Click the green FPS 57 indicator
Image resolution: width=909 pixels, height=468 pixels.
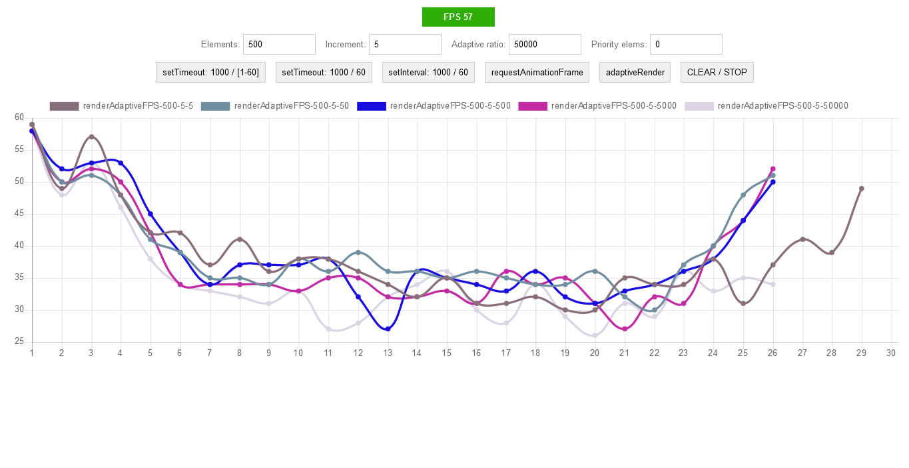[458, 17]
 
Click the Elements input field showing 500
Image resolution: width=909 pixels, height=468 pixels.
[279, 45]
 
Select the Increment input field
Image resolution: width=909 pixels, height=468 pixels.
[405, 45]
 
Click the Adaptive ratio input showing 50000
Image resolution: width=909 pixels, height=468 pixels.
[545, 45]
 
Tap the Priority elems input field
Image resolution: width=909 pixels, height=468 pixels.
[686, 45]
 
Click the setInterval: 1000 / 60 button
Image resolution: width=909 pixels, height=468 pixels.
[428, 73]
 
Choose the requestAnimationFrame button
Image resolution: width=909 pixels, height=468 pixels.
[537, 73]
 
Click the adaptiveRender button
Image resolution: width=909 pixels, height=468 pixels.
[635, 73]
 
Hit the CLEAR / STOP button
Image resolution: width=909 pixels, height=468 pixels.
[717, 73]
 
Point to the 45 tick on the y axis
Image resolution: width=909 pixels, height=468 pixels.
[19, 214]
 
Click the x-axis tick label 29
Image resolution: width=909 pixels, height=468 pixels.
[861, 353]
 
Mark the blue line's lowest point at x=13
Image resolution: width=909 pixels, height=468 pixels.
[388, 329]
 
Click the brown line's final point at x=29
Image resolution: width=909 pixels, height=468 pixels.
[861, 189]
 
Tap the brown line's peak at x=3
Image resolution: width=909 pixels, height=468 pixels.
[91, 137]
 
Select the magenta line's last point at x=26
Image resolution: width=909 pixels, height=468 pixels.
[772, 169]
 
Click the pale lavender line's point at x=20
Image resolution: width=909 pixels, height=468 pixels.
[595, 335]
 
